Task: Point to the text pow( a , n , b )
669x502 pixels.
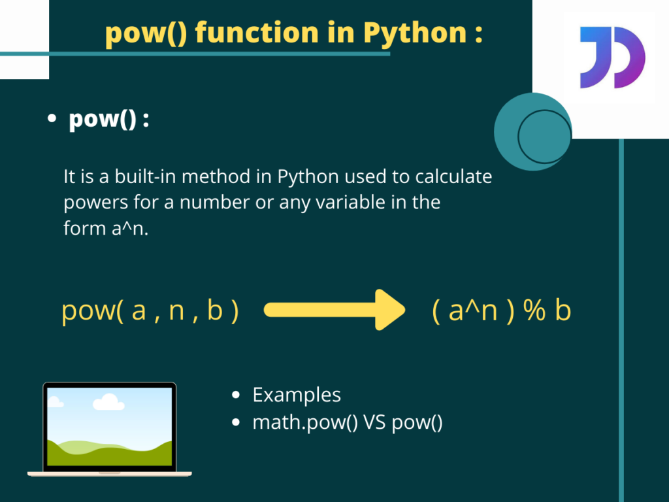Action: click(150, 311)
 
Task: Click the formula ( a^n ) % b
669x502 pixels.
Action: click(501, 311)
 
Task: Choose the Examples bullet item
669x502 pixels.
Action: click(297, 395)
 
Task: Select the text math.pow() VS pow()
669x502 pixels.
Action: click(348, 423)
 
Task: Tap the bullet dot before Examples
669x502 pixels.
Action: click(237, 395)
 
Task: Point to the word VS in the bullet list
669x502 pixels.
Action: click(375, 423)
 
